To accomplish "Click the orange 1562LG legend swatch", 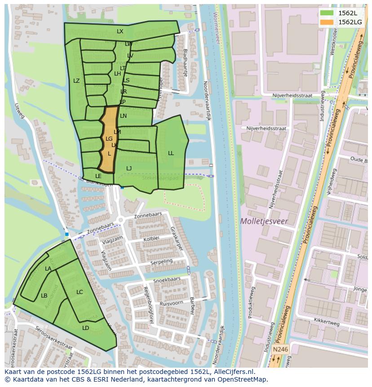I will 327,22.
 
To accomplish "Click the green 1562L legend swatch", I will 327,13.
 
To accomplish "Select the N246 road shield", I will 280,349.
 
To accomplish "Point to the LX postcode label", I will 120,31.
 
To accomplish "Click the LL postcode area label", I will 171,153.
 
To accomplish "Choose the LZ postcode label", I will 76,81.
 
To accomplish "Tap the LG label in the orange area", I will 109,139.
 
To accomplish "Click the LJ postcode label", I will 129,169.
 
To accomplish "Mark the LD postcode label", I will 86,328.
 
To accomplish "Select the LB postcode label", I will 44,296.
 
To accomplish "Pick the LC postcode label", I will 80,292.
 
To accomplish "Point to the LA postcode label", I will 48,269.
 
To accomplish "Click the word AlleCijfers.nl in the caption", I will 233,372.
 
